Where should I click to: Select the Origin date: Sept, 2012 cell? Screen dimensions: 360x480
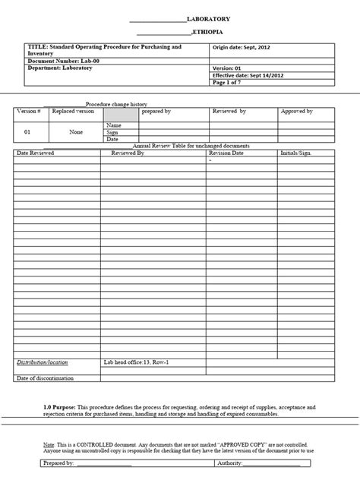coord(239,47)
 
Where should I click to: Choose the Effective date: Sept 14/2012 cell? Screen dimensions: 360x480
coord(247,74)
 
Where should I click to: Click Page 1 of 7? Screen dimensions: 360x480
coord(228,81)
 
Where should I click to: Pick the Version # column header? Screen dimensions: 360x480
coord(29,111)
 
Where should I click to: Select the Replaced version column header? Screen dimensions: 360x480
coord(74,111)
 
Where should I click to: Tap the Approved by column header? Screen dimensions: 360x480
coord(298,111)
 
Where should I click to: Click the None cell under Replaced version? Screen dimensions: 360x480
coord(76,131)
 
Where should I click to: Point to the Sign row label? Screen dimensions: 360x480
coord(112,131)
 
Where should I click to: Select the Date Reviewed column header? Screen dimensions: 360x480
coord(36,153)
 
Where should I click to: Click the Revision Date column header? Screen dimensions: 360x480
coord(226,153)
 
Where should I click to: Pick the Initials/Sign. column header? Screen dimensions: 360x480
coord(295,153)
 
